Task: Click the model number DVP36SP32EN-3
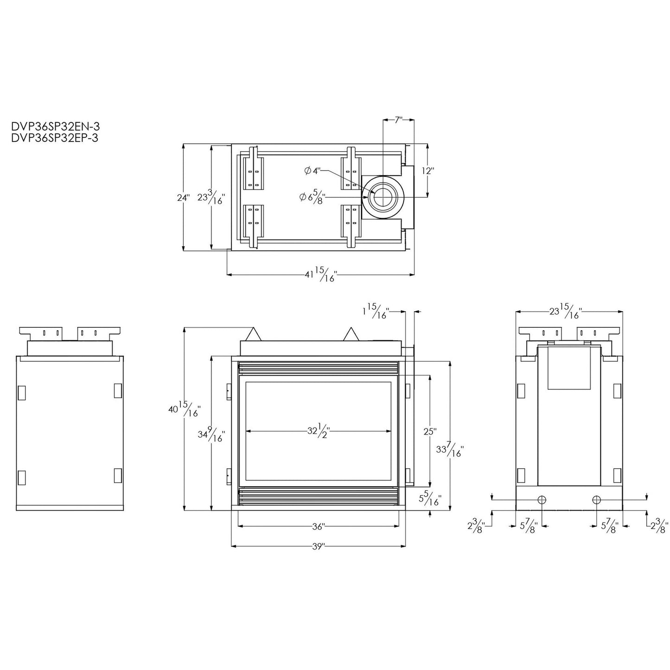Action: (55, 126)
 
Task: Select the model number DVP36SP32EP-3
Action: (55, 138)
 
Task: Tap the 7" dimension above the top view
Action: (398, 120)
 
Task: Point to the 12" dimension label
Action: (428, 171)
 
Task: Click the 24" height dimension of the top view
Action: (184, 198)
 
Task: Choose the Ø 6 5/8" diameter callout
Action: (312, 197)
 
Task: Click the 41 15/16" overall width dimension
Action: (321, 274)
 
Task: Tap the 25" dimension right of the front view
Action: (430, 432)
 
